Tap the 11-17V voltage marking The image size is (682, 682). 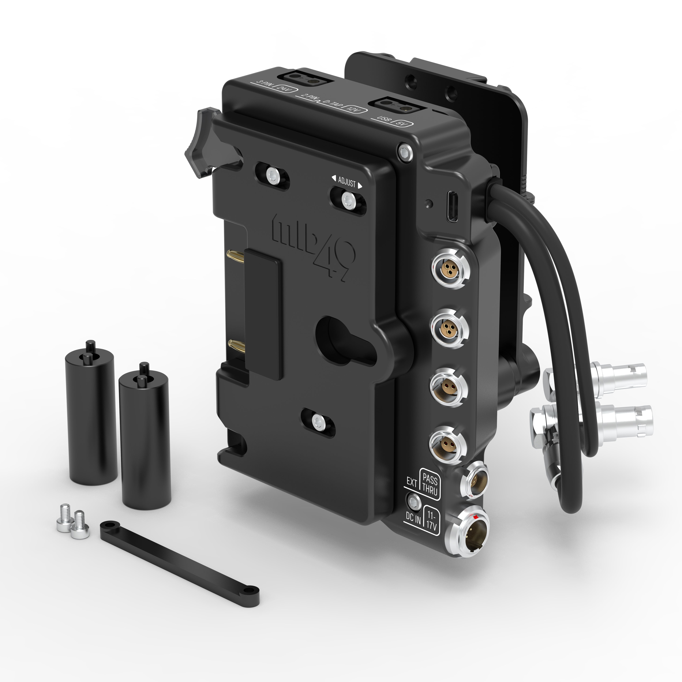coord(431,519)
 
